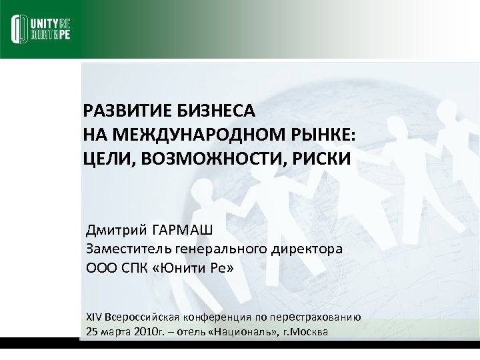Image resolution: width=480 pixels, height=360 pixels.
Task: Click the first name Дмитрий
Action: [x=116, y=231]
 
